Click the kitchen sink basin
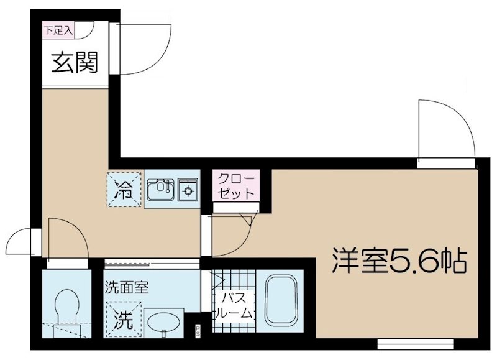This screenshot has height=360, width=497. pyautogui.click(x=161, y=189)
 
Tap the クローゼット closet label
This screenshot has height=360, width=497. pyautogui.click(x=235, y=185)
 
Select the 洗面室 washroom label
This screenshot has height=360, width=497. pyautogui.click(x=126, y=288)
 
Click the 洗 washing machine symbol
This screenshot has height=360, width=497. pyautogui.click(x=124, y=320)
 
